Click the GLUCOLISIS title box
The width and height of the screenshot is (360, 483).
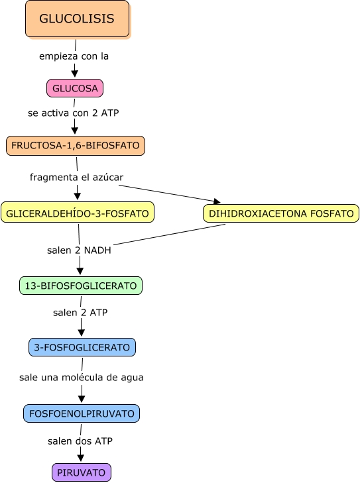coord(78,19)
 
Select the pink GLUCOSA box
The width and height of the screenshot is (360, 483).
coord(75,88)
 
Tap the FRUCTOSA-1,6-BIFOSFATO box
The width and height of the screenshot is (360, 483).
coord(76,145)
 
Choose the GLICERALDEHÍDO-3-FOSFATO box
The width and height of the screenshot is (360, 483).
coord(78,212)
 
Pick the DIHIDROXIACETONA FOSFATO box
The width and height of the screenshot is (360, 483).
coord(281,213)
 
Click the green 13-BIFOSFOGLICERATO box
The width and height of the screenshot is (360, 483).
coord(81,286)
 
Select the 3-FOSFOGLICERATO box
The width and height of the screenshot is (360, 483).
coord(82,347)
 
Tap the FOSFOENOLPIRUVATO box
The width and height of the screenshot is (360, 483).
coord(82,413)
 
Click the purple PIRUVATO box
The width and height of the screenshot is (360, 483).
coord(82,472)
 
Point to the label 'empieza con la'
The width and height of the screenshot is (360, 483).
coord(74,56)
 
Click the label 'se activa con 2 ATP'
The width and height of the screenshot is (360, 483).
coord(74,113)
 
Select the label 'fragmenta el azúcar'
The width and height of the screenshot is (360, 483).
coord(76,178)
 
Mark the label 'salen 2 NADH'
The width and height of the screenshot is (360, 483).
coord(79,250)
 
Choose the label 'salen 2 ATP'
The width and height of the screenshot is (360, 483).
coord(80,312)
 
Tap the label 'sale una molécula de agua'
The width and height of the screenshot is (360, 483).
coord(82,378)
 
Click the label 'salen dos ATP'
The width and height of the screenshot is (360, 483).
coord(80,441)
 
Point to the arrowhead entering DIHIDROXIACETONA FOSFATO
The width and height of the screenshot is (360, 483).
coord(217,201)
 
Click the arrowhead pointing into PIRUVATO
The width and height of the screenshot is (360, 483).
coord(81,458)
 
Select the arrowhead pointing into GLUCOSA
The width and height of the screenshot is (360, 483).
coord(75,74)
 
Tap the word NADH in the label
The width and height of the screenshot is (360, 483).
coord(97,250)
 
